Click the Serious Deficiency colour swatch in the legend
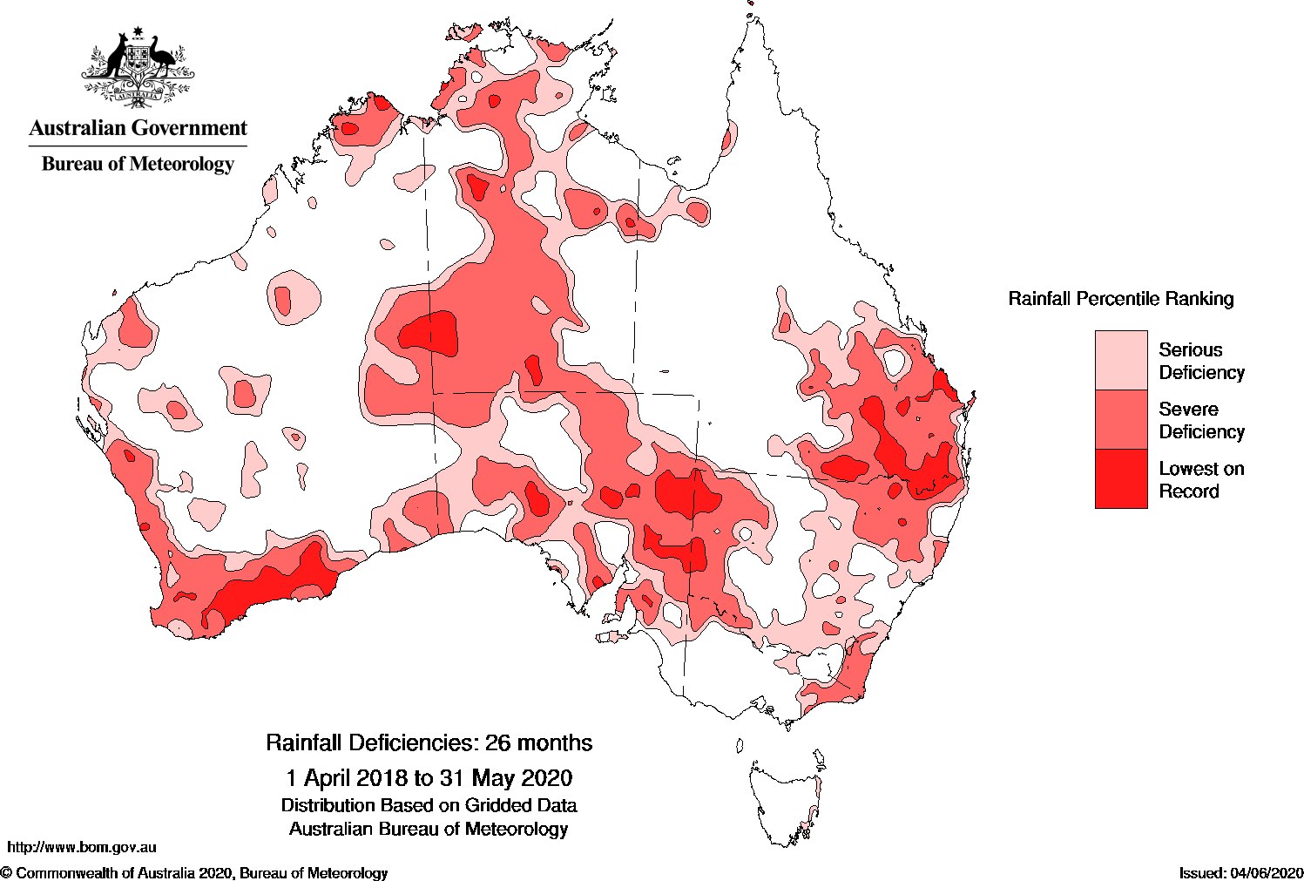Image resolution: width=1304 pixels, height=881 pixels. tap(1120, 360)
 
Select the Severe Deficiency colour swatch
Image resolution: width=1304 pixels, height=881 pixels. tap(1120, 419)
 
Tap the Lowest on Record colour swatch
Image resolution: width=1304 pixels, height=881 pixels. tap(1120, 478)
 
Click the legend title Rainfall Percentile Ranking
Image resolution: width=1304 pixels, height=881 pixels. tap(1120, 299)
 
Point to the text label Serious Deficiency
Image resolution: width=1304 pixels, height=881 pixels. tap(1200, 361)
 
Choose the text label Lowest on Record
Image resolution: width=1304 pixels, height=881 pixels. tap(1200, 479)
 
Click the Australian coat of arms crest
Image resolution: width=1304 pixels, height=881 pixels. tap(139, 66)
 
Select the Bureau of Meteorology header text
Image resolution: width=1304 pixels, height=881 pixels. tap(138, 164)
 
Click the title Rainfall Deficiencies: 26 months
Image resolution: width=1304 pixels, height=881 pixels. tap(429, 742)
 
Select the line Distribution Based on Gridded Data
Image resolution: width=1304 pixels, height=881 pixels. tap(429, 805)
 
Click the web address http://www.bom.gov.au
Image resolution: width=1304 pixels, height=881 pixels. tap(82, 846)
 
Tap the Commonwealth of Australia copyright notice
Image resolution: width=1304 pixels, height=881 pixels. tap(194, 872)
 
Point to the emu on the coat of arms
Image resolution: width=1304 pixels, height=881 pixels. tap(162, 58)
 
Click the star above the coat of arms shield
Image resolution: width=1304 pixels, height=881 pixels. tap(137, 33)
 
